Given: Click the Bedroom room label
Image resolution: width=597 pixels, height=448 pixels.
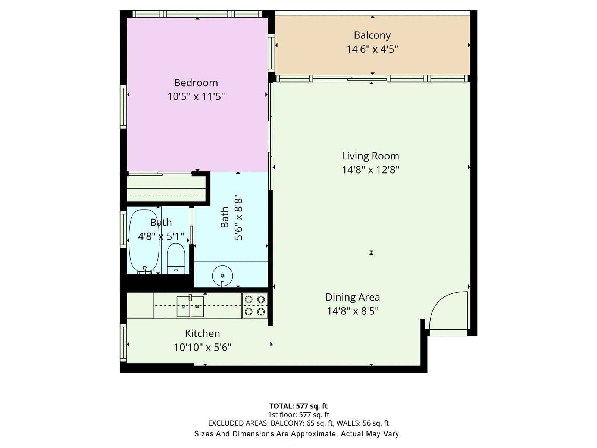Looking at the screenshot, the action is [x=196, y=83].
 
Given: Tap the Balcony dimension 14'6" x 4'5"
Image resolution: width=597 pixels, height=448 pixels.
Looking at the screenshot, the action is [x=372, y=49].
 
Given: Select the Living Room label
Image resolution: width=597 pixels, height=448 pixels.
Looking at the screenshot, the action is [x=371, y=156].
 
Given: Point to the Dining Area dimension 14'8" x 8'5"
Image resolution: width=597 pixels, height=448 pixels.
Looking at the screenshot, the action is [x=353, y=311].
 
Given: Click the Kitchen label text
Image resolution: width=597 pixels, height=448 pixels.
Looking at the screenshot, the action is [x=202, y=333].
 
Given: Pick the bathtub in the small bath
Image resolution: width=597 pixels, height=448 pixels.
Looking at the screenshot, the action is [x=144, y=241].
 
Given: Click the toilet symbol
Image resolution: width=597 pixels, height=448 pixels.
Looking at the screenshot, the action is [x=176, y=259].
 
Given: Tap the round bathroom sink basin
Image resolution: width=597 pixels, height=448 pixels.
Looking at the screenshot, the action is [x=222, y=276].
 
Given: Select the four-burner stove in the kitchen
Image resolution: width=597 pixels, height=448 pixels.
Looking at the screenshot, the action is [x=254, y=305].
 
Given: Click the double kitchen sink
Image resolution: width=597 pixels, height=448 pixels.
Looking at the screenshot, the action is [x=190, y=307].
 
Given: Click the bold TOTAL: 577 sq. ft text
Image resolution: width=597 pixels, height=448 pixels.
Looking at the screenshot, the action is [x=298, y=406].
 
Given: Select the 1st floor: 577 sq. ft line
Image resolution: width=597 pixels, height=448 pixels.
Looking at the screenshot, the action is [x=298, y=414].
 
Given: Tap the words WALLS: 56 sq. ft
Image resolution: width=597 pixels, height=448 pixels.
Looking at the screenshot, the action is [x=363, y=423].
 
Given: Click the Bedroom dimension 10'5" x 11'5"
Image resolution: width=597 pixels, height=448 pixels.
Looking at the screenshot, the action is [x=196, y=97].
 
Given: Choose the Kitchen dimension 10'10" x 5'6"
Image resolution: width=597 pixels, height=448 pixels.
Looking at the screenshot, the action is [x=202, y=347].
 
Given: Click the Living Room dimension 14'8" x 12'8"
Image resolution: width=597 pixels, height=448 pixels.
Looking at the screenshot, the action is [x=371, y=170].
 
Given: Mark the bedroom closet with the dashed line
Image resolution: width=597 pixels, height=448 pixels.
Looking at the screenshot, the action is [x=166, y=189].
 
